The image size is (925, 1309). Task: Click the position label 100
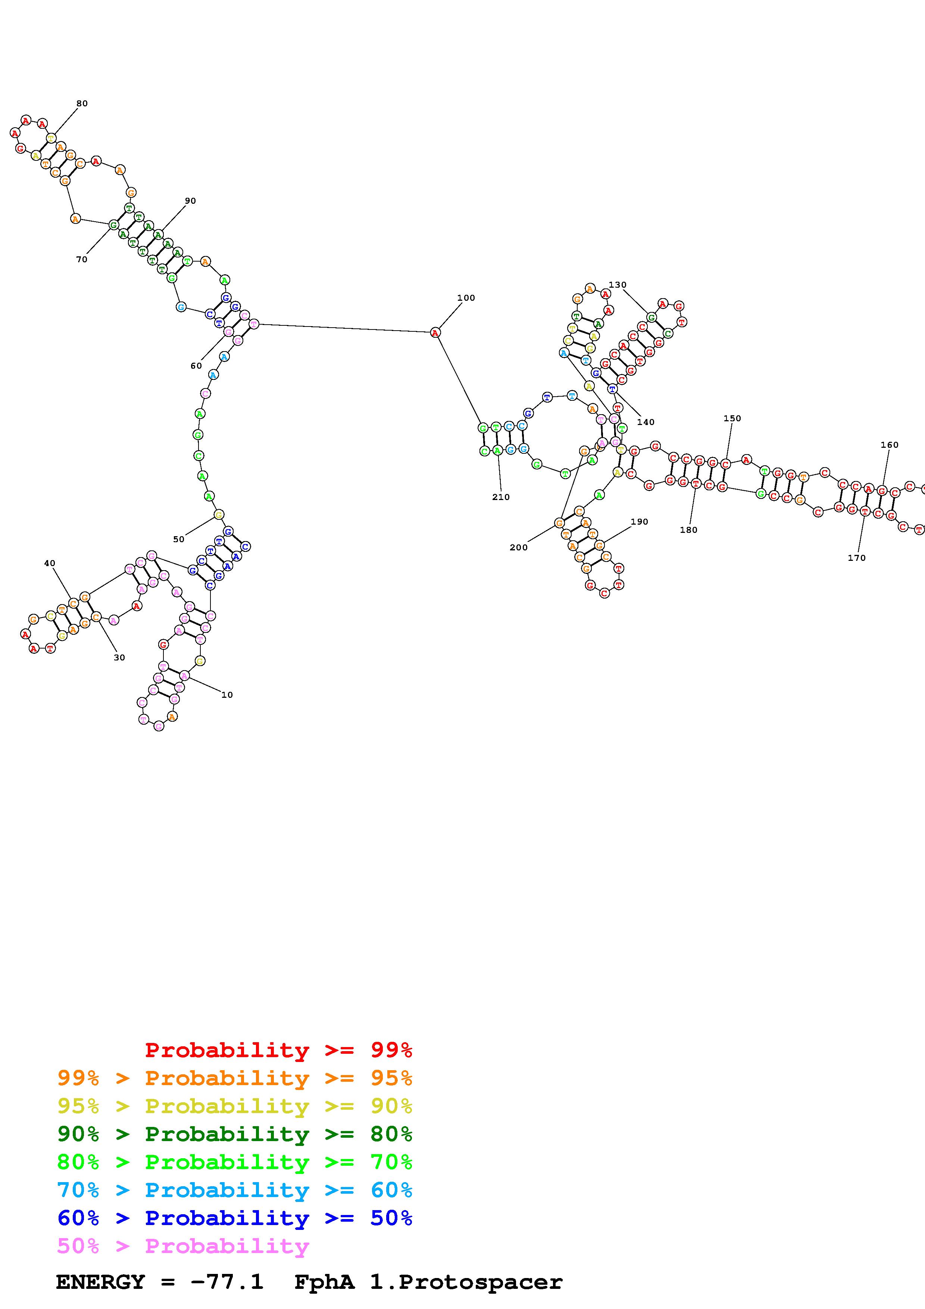[x=466, y=298]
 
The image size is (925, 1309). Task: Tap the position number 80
[x=82, y=104]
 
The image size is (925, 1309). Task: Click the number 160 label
[x=889, y=445]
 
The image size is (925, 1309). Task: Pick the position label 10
[x=227, y=695]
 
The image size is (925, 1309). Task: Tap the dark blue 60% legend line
[x=235, y=1218]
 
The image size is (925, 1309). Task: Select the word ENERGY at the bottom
[x=100, y=1282]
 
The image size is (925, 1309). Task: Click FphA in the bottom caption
[x=324, y=1282]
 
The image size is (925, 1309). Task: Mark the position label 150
[x=732, y=418]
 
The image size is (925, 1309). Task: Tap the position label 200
[x=518, y=548]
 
